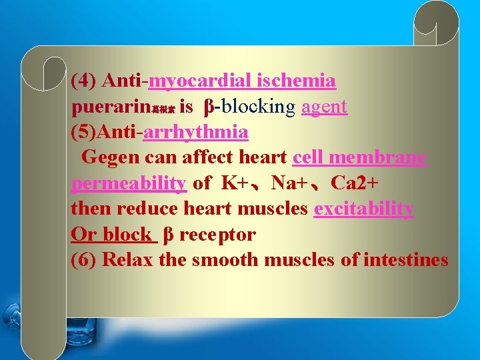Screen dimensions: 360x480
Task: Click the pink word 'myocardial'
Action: click(198, 82)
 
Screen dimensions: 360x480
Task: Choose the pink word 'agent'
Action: click(324, 107)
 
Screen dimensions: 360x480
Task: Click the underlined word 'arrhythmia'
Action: click(195, 132)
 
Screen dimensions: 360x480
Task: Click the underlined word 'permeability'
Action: click(128, 183)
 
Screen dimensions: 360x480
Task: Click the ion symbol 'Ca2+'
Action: click(356, 183)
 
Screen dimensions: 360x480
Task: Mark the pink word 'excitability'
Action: click(364, 209)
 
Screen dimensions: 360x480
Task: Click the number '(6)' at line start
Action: click(85, 259)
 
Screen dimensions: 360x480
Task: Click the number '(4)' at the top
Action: click(85, 81)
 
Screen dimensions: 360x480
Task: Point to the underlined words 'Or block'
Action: click(111, 234)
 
